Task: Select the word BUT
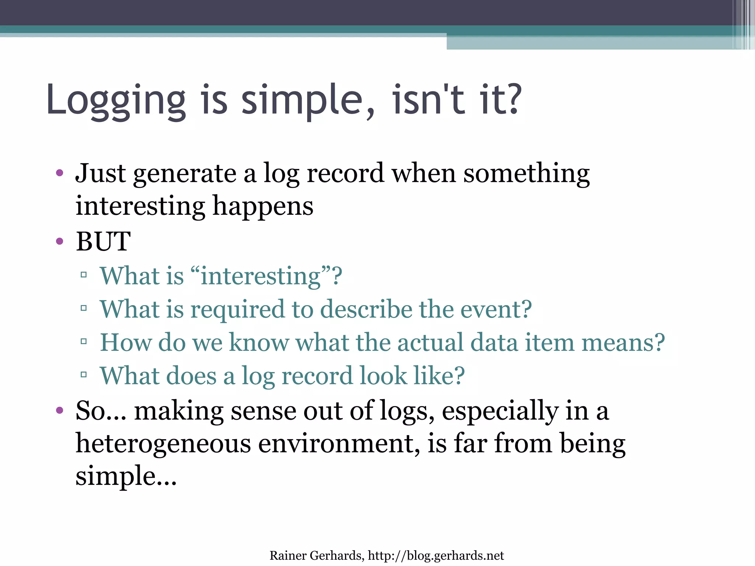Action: (103, 242)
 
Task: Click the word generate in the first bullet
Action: (185, 174)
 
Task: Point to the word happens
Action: (263, 206)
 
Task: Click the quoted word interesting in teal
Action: (260, 276)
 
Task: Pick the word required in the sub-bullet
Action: (237, 309)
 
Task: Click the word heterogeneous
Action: (163, 444)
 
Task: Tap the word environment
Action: (338, 444)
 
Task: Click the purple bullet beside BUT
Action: (60, 242)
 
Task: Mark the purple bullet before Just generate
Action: (60, 173)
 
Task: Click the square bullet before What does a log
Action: (84, 375)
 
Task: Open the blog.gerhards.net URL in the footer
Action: (436, 556)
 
